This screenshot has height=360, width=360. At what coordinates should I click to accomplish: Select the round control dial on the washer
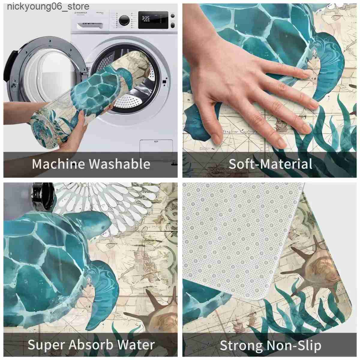click(124, 20)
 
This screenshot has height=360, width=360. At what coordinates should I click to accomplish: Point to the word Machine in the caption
click(59, 164)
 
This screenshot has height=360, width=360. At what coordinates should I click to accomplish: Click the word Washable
click(120, 164)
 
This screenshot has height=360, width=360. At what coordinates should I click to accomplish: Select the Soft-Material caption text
click(270, 164)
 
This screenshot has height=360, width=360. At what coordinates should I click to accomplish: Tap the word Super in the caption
click(46, 345)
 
